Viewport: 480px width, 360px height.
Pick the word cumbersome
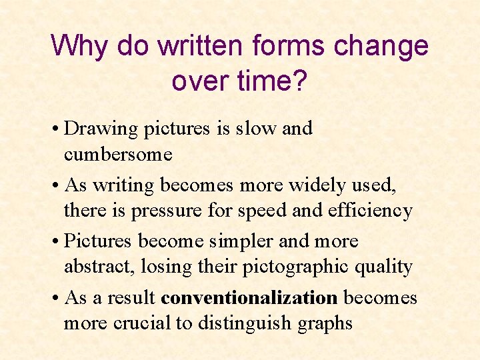[x=118, y=155]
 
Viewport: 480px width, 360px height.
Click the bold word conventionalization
[x=249, y=297]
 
